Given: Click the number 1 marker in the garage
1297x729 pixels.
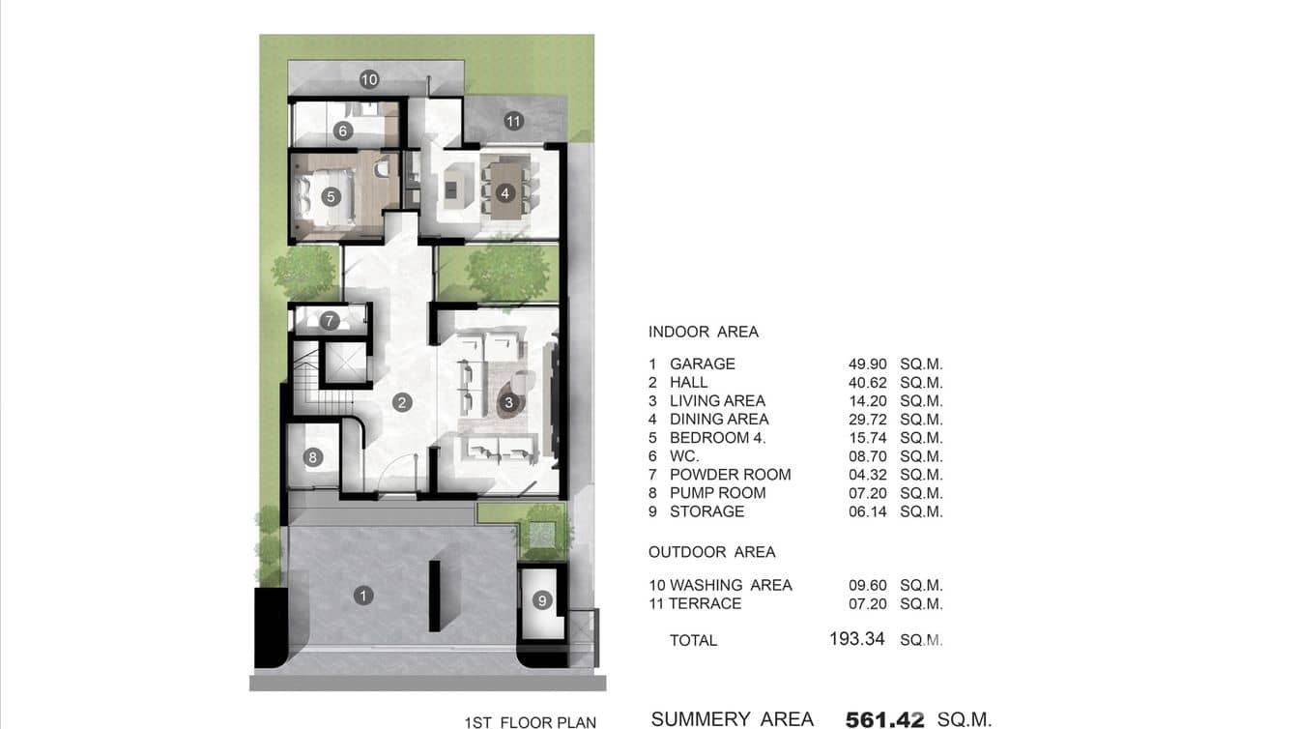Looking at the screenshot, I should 363,596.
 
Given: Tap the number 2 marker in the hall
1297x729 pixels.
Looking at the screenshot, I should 402,403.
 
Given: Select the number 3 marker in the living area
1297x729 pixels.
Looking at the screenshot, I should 509,401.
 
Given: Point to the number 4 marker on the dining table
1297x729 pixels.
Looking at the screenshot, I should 504,193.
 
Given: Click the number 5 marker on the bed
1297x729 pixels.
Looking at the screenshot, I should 331,196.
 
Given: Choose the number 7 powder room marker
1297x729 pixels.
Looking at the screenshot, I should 329,320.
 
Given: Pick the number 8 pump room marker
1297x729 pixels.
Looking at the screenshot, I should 312,457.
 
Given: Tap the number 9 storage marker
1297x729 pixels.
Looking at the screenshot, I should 542,600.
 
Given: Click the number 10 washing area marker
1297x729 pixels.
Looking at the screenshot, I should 368,79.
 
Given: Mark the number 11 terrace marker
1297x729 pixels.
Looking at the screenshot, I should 513,121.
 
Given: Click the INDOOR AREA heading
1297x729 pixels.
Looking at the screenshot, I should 704,332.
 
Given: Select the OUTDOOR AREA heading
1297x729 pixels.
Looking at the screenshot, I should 712,552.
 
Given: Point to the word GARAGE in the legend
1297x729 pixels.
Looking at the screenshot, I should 703,364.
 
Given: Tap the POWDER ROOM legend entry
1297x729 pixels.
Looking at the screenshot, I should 730,475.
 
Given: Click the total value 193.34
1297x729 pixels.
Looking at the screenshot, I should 856,639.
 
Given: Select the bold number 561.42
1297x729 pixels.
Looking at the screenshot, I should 884,719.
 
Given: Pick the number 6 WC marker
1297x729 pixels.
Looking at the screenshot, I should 341,131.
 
